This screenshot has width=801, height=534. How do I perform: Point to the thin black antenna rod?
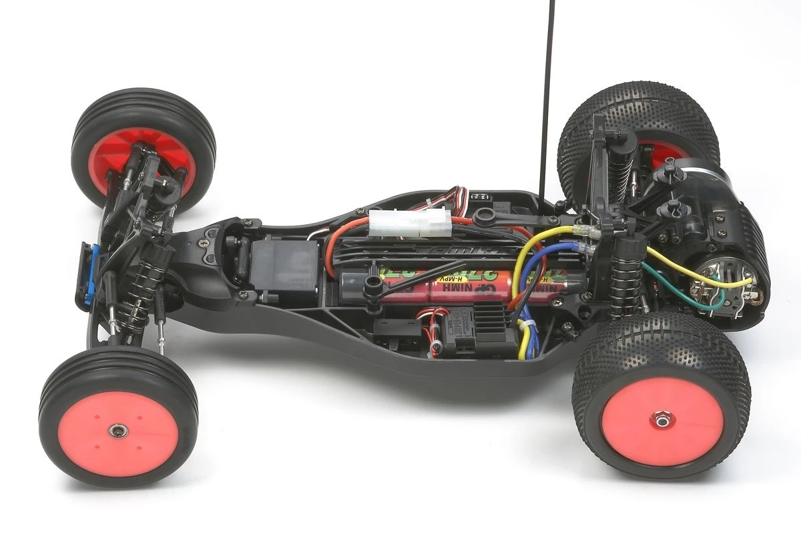coord(547,100)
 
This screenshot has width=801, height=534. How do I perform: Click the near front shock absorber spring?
coord(140,294)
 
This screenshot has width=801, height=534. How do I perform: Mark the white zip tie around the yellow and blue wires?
coord(527,325)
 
